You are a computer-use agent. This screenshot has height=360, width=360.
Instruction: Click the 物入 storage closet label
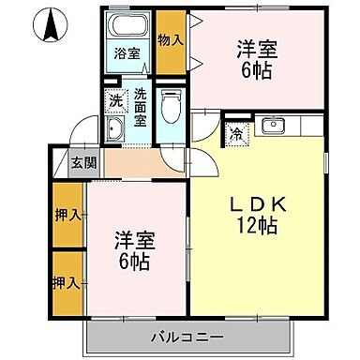coord(170,40)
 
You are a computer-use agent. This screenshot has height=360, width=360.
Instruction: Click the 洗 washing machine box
coord(114,99)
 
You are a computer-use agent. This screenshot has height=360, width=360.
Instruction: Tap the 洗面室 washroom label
coord(141,99)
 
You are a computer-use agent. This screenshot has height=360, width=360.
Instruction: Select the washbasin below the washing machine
coord(116,129)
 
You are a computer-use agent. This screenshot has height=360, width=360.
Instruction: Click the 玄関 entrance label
coord(82,161)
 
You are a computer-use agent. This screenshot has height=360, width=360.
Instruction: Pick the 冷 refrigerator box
coord(236,133)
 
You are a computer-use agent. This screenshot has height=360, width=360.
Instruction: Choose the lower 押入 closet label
coord(65,282)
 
